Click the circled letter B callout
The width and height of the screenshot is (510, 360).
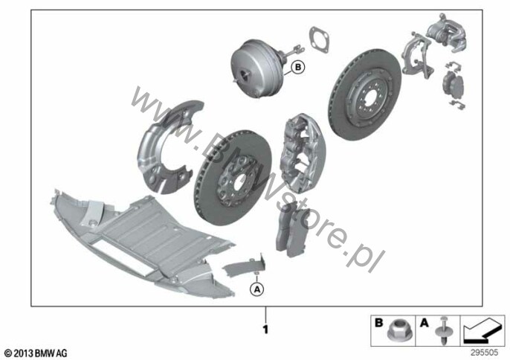pyautogui.click(x=297, y=68)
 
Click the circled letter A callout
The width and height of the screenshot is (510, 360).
pyautogui.click(x=257, y=289)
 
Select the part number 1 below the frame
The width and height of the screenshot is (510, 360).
pyautogui.click(x=265, y=330)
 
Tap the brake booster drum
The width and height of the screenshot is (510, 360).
pyautogui.click(x=254, y=68)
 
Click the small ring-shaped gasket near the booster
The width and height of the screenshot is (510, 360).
pyautogui.click(x=319, y=39)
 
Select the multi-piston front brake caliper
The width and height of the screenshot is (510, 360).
pyautogui.click(x=303, y=151)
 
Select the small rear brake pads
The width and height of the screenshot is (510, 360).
pyautogui.click(x=453, y=86)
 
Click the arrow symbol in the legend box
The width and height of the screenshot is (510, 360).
pyautogui.click(x=482, y=331)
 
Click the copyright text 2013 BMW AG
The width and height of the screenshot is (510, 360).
pyautogui.click(x=36, y=353)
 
